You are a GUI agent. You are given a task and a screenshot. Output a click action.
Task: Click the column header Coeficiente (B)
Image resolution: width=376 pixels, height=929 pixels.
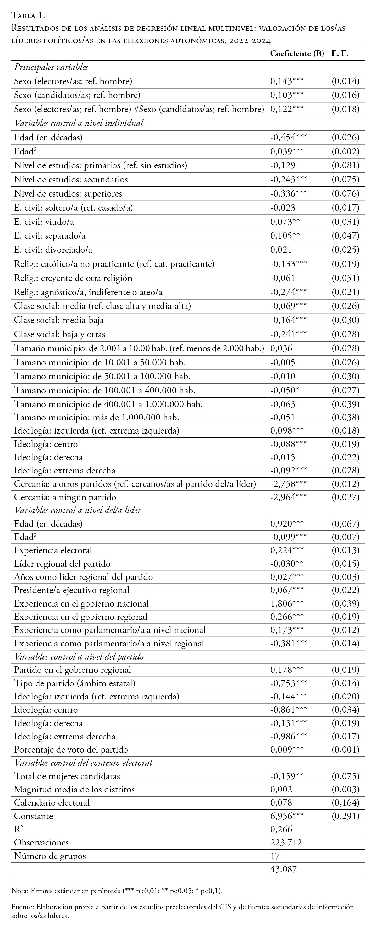click(297, 54)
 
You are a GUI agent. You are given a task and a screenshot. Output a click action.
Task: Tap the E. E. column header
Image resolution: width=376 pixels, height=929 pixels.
click(340, 54)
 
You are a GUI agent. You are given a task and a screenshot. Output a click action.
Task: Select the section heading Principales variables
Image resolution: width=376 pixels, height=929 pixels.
click(51, 67)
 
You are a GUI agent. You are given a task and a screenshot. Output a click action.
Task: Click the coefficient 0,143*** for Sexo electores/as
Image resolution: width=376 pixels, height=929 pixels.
click(287, 81)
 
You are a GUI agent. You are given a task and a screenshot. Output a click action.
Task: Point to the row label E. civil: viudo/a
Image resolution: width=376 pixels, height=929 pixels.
click(44, 222)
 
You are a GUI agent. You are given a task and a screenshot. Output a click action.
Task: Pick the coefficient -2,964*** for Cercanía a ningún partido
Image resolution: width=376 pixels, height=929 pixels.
click(288, 497)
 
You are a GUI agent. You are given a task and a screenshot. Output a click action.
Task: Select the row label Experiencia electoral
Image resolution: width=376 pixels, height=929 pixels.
click(53, 550)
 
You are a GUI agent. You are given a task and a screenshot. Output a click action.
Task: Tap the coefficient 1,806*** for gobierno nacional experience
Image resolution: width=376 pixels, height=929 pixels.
click(287, 603)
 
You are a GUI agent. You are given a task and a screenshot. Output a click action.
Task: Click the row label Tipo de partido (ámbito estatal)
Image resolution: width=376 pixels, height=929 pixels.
click(75, 683)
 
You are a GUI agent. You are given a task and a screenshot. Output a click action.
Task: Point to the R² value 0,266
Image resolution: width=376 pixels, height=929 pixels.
click(281, 829)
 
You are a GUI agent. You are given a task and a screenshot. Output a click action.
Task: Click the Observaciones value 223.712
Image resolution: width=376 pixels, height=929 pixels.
click(286, 843)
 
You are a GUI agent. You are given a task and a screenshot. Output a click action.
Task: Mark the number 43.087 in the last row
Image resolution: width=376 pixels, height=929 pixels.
click(284, 869)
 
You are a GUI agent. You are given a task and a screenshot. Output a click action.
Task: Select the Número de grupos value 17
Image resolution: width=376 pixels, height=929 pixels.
click(275, 856)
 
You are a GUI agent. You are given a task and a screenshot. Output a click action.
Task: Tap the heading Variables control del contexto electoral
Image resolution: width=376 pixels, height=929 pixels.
click(83, 763)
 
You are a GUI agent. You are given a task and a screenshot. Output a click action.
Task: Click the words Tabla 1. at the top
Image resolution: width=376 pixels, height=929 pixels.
click(28, 15)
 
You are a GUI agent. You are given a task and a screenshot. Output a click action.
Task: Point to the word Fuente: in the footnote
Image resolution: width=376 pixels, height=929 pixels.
click(22, 907)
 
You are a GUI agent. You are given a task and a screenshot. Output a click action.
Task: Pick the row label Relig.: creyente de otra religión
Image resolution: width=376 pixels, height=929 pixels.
click(73, 278)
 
